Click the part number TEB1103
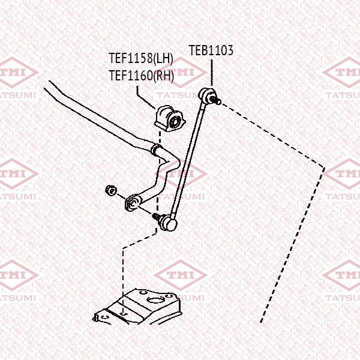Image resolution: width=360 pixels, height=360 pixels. click(x=211, y=51)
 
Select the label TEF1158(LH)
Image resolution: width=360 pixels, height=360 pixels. click(x=141, y=59)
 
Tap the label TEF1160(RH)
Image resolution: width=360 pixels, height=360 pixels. click(x=142, y=76)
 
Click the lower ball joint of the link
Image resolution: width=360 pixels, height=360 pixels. click(x=170, y=224)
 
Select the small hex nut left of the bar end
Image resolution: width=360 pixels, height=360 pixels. click(x=110, y=190)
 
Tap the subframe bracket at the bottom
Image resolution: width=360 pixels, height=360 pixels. click(x=142, y=306)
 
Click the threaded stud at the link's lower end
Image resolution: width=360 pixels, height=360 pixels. click(x=157, y=217)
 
